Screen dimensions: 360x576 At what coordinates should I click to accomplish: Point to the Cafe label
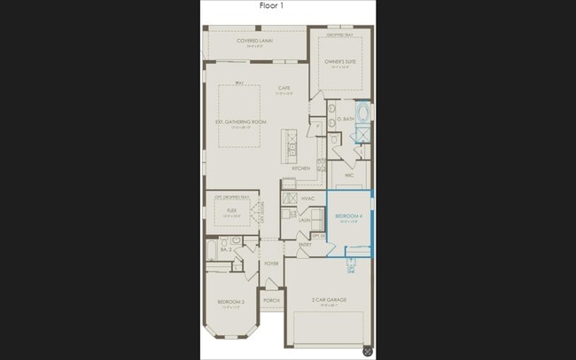(284, 87)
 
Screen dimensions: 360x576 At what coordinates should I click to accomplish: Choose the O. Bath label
(346, 118)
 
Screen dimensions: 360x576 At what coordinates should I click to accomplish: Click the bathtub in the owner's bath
(363, 113)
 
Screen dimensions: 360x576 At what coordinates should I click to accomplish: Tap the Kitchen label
(301, 168)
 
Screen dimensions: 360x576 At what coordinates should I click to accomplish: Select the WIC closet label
(349, 176)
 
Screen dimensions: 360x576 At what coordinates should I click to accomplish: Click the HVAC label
(308, 199)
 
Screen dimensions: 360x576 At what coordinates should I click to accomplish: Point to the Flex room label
(231, 211)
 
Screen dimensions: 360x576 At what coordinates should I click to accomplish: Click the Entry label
(305, 244)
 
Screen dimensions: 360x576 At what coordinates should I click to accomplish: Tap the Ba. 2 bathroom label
(226, 250)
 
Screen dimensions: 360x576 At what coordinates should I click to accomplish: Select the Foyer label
(271, 263)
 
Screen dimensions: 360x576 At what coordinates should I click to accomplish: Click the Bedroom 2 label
(231, 302)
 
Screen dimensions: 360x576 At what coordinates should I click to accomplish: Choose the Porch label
(271, 301)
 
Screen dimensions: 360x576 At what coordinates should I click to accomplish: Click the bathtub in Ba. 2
(210, 250)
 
